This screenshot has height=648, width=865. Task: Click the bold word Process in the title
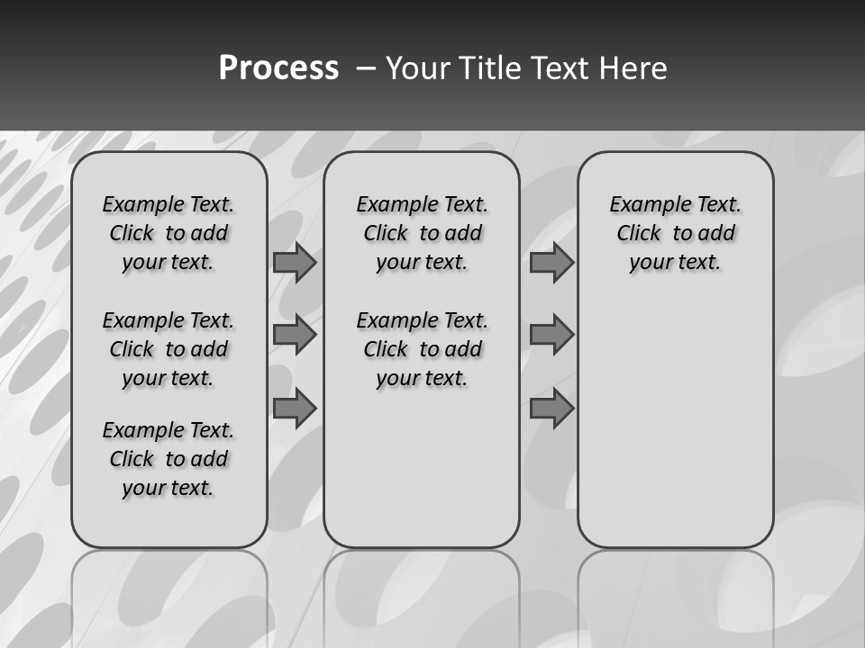(x=278, y=68)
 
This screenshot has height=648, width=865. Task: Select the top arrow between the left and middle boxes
(x=295, y=262)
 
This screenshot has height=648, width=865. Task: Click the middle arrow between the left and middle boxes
(x=295, y=335)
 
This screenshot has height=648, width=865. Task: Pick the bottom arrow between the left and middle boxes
(x=295, y=409)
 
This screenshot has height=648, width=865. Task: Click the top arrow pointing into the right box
(x=551, y=262)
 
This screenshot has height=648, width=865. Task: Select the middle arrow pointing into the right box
(x=551, y=335)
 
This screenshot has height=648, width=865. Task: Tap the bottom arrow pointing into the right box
(x=551, y=409)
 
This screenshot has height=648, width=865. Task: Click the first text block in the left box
(x=168, y=233)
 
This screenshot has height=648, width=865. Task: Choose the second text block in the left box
(x=168, y=349)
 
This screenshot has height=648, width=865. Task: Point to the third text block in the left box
(x=168, y=459)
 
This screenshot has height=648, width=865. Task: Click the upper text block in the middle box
(x=422, y=233)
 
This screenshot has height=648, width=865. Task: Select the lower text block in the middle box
(x=422, y=349)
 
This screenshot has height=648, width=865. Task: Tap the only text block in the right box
(x=675, y=233)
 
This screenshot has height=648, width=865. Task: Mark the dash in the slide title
(x=366, y=68)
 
